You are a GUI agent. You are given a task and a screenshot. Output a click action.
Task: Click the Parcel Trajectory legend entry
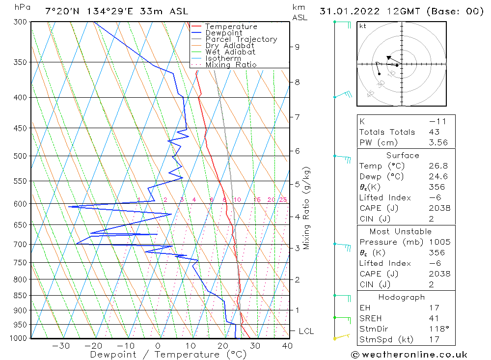[x=241, y=39]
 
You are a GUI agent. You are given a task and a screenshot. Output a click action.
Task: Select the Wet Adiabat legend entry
[x=230, y=52]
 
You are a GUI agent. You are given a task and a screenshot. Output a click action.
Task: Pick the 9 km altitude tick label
[x=297, y=47]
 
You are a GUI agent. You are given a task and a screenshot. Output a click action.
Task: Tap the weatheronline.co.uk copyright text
[x=409, y=355]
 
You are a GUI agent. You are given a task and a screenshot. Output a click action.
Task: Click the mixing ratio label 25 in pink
[x=283, y=199]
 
